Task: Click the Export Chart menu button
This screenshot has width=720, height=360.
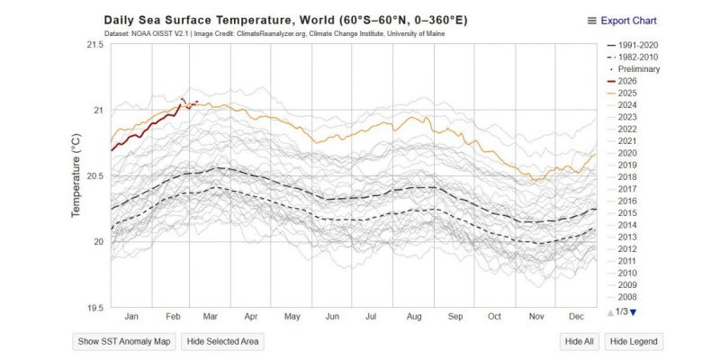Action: tap(622, 21)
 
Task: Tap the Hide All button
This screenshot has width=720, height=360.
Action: tap(580, 341)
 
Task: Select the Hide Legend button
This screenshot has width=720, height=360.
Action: tap(634, 341)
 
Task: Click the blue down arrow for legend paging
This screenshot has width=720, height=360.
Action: tap(634, 312)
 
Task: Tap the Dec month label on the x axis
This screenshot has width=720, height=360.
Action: tap(575, 316)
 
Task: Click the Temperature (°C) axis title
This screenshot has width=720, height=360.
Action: tap(76, 175)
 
